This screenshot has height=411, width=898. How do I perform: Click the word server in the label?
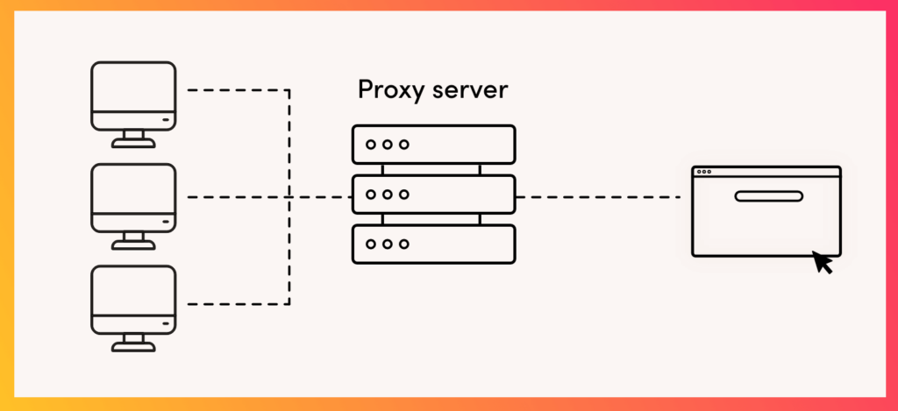(470, 91)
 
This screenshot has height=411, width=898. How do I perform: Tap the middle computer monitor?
(133, 198)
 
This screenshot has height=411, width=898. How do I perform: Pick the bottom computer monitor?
(133, 301)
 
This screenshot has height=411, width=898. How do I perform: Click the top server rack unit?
(433, 145)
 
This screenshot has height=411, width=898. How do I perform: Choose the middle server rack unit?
(433, 195)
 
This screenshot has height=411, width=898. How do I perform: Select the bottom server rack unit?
(433, 244)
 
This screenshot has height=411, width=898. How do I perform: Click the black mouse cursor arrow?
(822, 261)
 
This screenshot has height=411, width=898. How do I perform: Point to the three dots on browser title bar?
(702, 172)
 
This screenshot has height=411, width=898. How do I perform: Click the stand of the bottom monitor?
(133, 344)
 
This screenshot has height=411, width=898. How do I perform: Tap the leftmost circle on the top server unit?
(371, 145)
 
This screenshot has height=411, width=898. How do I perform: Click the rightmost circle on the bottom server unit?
(404, 244)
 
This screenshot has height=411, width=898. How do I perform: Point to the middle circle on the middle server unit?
(388, 195)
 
